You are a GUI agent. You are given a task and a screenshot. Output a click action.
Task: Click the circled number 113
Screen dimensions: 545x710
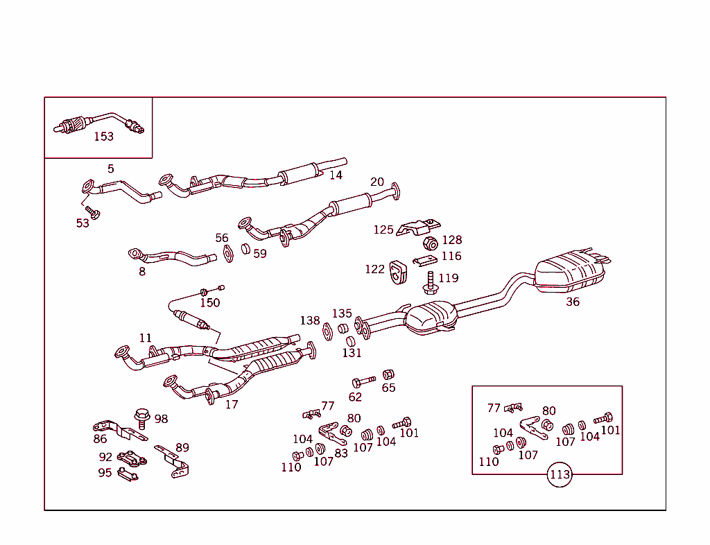click(x=560, y=475)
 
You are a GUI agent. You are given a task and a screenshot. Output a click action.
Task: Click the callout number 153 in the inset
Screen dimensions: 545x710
click(x=103, y=137)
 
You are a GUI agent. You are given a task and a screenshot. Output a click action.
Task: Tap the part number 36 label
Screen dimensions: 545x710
click(x=573, y=302)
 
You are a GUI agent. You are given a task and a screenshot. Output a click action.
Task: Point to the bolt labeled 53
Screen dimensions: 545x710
click(x=92, y=211)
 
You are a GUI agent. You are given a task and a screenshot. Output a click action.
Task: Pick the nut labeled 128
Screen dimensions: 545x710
click(x=430, y=243)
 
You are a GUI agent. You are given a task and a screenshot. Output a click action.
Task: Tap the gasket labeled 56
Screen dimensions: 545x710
click(x=227, y=253)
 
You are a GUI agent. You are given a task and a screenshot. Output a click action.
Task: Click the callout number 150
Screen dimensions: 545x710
click(x=209, y=302)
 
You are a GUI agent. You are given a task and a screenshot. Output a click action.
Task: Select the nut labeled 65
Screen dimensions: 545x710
click(x=388, y=374)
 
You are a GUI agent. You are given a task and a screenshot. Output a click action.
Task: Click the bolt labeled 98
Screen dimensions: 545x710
click(x=142, y=417)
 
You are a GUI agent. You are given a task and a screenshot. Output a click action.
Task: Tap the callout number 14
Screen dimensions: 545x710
click(x=336, y=175)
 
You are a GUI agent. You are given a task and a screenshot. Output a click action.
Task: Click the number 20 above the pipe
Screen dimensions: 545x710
click(x=376, y=182)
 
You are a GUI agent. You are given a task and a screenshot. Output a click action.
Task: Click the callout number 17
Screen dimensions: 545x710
click(x=232, y=404)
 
